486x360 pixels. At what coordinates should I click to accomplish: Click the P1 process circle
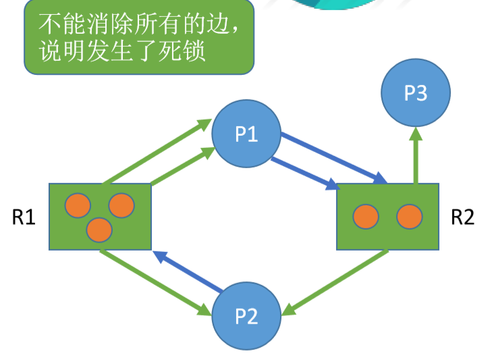246,134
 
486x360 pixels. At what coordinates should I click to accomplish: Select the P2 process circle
246,316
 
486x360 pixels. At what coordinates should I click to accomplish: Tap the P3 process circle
415,93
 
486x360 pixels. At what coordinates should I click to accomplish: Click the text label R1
24,217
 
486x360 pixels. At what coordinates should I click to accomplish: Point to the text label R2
462,217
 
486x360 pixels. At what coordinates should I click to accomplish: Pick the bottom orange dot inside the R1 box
99,230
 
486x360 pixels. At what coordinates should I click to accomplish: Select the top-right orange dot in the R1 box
121,205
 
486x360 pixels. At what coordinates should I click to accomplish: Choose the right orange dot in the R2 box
409,216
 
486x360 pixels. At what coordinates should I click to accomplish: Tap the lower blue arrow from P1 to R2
304,172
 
